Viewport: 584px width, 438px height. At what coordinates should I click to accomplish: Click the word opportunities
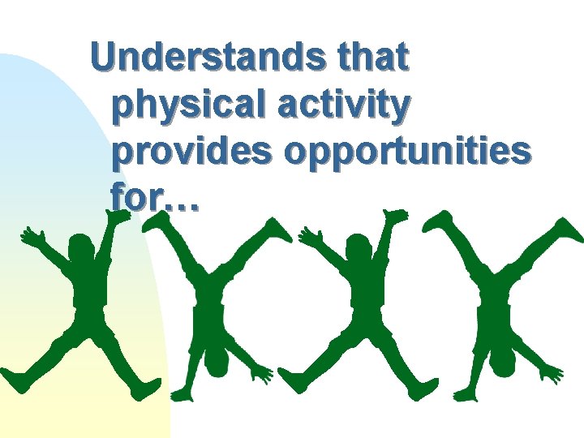click(406, 152)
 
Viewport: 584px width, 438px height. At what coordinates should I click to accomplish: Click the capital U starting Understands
click(105, 58)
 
